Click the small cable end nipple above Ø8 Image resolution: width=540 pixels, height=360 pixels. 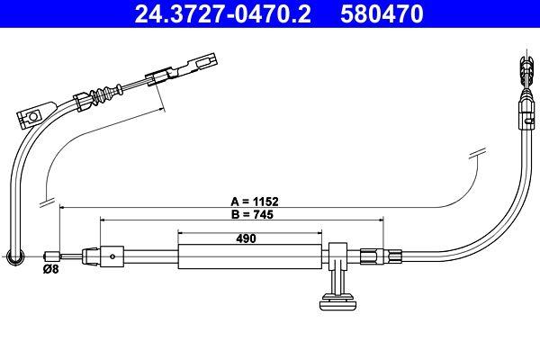coord(52,255)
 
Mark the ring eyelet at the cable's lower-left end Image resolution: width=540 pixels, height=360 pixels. coord(14,258)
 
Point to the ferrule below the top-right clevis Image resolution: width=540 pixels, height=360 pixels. coord(524,112)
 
